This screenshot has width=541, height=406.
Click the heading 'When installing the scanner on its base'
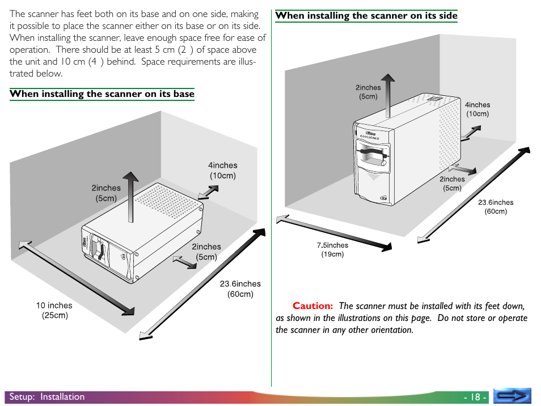tap(102, 94)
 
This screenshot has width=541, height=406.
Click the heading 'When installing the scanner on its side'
tap(366, 16)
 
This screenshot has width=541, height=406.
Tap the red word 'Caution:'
tap(312, 306)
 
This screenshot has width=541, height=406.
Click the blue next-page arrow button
tap(512, 396)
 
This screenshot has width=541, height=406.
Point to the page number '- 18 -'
tap(475, 397)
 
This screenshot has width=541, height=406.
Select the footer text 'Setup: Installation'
tap(47, 397)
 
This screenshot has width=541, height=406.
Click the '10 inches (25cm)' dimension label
tap(54, 310)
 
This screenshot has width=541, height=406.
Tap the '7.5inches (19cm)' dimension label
tap(332, 249)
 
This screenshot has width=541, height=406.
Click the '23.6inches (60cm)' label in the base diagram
tap(240, 289)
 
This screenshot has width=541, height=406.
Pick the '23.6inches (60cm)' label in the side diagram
tap(496, 207)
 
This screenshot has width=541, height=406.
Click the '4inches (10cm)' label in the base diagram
tap(223, 170)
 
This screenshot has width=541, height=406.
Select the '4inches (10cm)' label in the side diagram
tap(477, 109)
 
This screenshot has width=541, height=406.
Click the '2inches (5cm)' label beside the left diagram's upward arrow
tap(106, 193)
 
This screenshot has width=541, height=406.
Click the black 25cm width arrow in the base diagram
tap(77, 278)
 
